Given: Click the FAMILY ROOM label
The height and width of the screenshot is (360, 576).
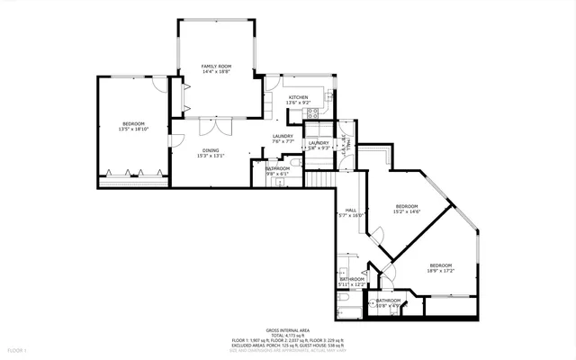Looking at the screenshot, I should (216, 66).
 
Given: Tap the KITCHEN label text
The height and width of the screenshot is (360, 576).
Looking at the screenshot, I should (298, 97).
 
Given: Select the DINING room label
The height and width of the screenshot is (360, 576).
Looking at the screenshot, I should (210, 150).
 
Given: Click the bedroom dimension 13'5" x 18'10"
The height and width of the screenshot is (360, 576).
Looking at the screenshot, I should (133, 129).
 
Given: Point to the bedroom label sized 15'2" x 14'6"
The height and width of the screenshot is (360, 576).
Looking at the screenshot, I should (407, 206).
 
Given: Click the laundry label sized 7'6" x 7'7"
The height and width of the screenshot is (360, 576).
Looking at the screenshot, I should (283, 136).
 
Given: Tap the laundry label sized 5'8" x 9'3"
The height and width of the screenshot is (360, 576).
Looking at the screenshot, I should (319, 143).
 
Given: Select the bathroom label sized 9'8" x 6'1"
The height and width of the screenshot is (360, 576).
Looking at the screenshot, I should (277, 168).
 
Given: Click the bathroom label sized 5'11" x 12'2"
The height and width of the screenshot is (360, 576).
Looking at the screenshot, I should (352, 279).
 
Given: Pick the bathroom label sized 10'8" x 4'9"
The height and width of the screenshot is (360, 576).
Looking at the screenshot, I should (388, 300).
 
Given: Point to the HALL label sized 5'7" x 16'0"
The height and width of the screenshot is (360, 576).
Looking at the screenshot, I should (351, 211).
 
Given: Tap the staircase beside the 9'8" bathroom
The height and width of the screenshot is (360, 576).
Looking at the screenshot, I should (319, 179).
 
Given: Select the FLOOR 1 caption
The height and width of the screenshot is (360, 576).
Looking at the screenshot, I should (17, 348).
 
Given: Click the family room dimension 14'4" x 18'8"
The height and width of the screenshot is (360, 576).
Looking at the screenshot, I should (216, 71).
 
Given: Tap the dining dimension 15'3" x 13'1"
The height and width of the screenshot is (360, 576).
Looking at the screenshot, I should (210, 156).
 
